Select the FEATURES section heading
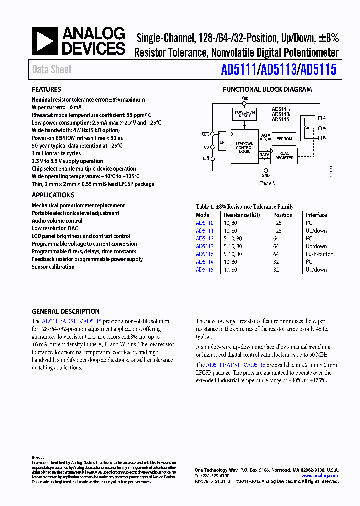(x=46, y=90)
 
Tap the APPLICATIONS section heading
(x=53, y=195)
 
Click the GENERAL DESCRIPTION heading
(x=65, y=311)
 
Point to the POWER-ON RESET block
(x=245, y=114)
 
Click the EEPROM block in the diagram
(x=284, y=139)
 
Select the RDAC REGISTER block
(x=284, y=156)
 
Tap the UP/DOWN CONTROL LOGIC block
(x=245, y=147)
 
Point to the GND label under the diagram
(x=265, y=176)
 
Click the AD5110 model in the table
(x=204, y=223)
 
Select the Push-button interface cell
(x=316, y=254)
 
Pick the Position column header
(x=283, y=215)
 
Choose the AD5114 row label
(x=204, y=262)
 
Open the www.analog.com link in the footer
(x=319, y=476)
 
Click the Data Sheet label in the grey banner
(x=52, y=70)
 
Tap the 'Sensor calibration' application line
(x=53, y=267)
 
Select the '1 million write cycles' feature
(x=56, y=153)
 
